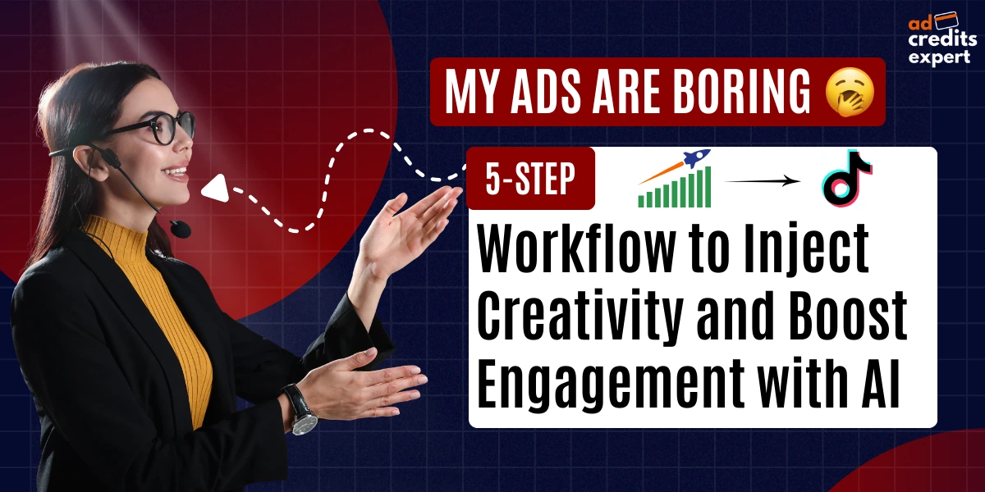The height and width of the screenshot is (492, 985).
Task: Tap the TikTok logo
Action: (x=846, y=177)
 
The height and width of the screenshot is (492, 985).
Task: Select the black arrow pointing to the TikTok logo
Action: (x=763, y=182)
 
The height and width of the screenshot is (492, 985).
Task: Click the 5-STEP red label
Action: (x=530, y=180)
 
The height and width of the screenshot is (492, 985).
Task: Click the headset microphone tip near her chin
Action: (x=180, y=228)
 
